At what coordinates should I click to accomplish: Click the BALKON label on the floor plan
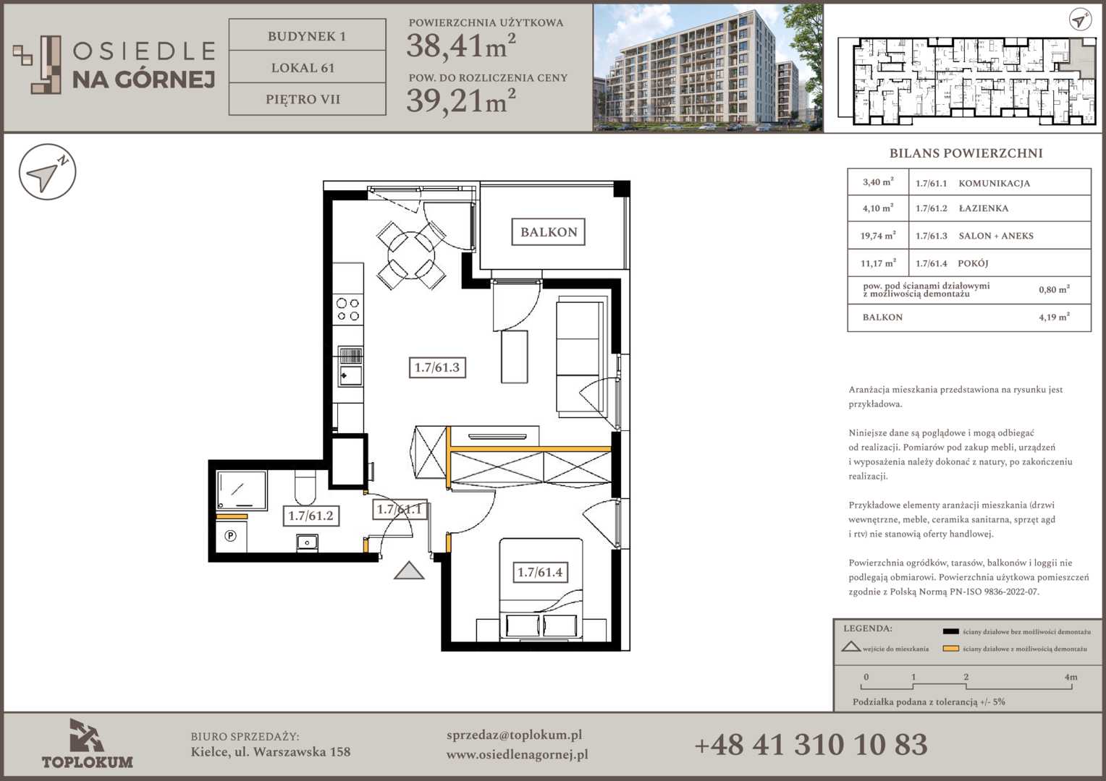[x=548, y=232]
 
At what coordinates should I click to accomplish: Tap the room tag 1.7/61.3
[x=437, y=367]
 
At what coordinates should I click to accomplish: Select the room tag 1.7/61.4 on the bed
[x=540, y=572]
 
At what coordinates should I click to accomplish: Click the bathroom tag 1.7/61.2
[x=311, y=516]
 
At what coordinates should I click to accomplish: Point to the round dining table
[x=411, y=256]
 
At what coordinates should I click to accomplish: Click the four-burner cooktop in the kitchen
[x=347, y=310]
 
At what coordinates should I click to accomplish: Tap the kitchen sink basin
[x=350, y=375]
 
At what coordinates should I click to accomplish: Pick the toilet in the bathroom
[x=305, y=486]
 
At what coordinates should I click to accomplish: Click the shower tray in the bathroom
[x=242, y=490]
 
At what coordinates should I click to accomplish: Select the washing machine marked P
[x=231, y=535]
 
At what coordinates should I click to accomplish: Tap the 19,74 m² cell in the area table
[x=878, y=235]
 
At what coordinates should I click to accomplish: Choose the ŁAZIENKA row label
[x=983, y=208]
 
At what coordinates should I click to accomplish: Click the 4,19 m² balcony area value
[x=1054, y=317]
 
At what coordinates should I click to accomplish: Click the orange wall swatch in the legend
[x=950, y=649]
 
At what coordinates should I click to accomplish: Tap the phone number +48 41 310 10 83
[x=811, y=745]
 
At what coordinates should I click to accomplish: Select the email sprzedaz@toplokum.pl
[x=514, y=735]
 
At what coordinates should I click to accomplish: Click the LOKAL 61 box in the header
[x=307, y=67]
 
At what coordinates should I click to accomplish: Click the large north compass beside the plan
[x=47, y=172]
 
